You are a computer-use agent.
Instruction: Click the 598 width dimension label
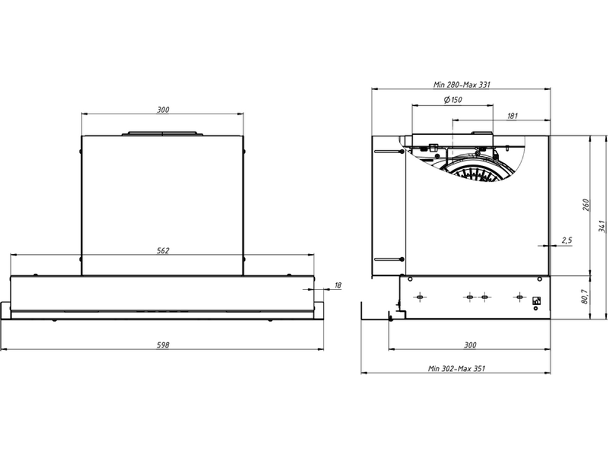click(x=163, y=345)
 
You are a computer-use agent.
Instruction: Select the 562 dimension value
click(x=163, y=250)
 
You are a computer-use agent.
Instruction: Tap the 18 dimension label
click(x=337, y=285)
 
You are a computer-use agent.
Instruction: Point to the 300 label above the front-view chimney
click(x=163, y=109)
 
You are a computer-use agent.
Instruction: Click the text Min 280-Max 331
click(x=461, y=84)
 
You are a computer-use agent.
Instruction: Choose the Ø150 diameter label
click(x=453, y=100)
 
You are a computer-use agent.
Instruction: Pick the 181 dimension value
click(x=512, y=116)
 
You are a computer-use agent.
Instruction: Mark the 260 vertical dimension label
click(x=586, y=205)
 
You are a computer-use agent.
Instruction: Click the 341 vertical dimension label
click(x=601, y=226)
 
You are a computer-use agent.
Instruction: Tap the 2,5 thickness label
click(x=567, y=240)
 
